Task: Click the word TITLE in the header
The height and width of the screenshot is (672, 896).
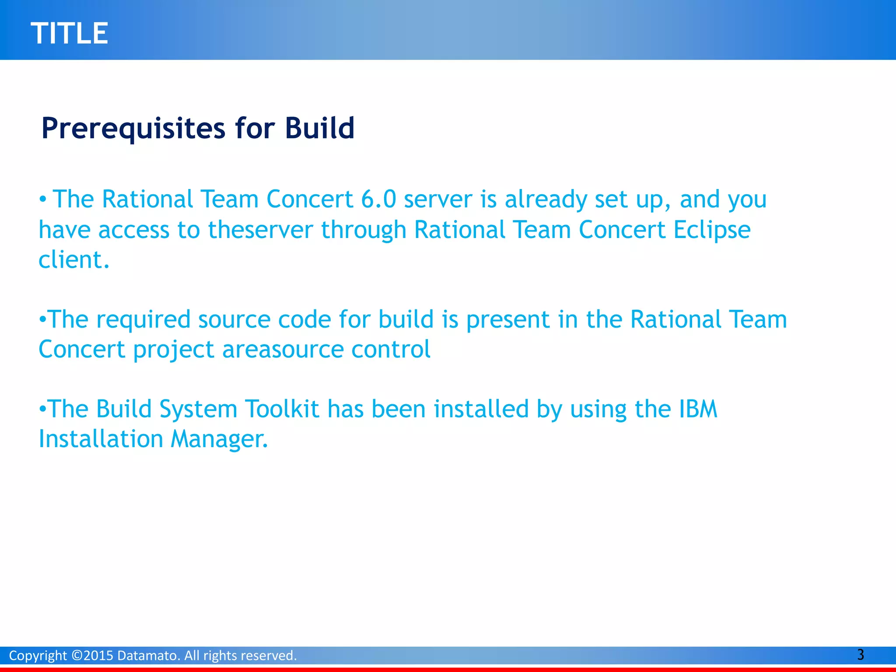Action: (69, 33)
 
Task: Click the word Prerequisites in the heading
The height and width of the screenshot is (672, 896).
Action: (133, 129)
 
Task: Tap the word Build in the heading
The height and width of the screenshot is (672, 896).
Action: (319, 129)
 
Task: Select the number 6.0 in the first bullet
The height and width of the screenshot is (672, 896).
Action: (378, 199)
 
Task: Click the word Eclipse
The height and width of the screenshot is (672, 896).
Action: (712, 230)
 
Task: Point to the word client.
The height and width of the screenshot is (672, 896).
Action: (73, 260)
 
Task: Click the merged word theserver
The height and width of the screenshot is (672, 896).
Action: (260, 230)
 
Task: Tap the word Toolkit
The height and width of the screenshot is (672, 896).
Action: (282, 409)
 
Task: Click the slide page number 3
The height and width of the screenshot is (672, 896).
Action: (860, 654)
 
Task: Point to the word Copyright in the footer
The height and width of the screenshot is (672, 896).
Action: (38, 655)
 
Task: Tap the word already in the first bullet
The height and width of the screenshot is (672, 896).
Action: (545, 199)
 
